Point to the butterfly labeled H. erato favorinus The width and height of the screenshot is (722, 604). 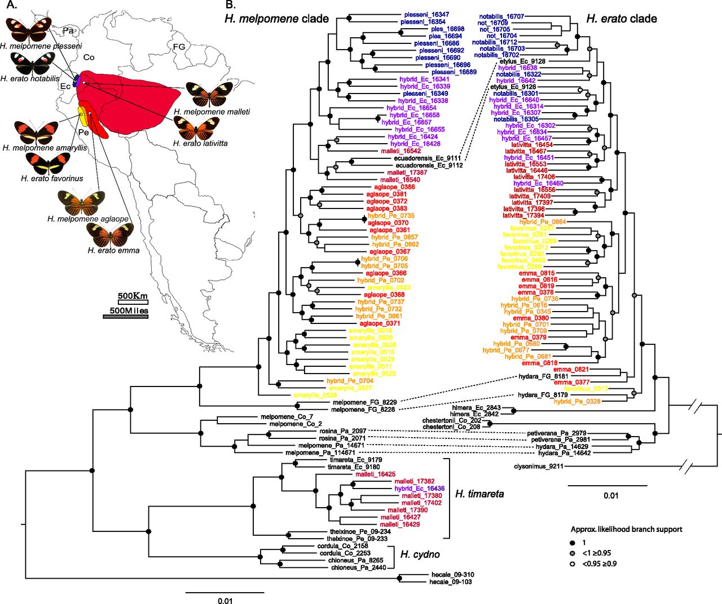coord(48,163)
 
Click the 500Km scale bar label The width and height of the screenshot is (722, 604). coord(133,296)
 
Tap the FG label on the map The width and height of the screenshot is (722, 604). coord(179,47)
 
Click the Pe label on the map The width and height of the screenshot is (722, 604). coord(83,132)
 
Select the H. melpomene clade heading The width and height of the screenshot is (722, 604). coord(276,19)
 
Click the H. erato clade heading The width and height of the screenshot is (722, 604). coord(622,19)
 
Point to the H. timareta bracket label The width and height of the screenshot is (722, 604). coord(479,494)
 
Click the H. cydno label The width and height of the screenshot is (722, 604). coord(420,554)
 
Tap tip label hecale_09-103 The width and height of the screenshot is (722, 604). coord(451,582)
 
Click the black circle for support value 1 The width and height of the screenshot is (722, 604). coord(572,542)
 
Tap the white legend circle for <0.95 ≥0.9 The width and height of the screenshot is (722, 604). coord(572,563)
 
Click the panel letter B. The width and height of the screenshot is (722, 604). coord(230,5)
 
